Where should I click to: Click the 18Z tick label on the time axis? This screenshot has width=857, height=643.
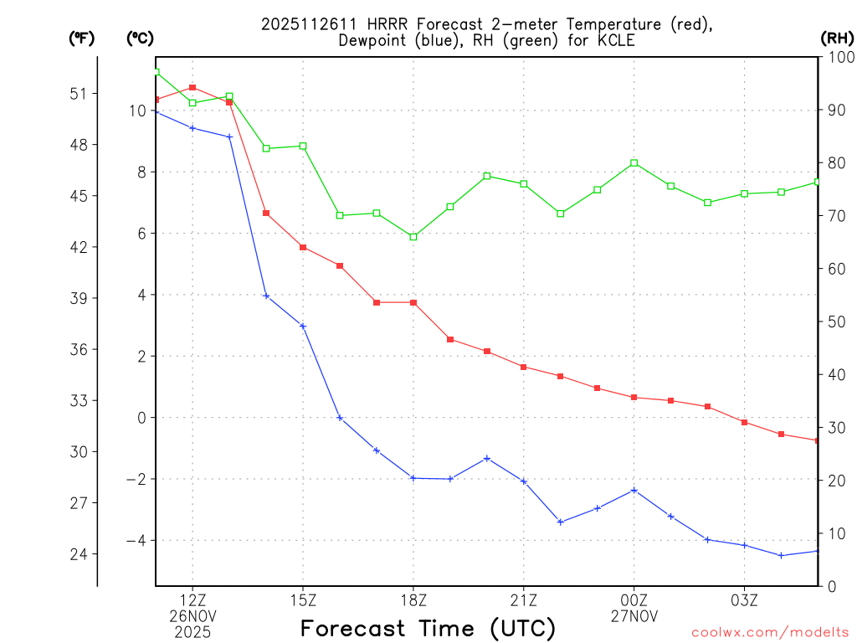pos(413,599)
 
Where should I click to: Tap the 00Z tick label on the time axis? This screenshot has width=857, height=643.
pos(634,599)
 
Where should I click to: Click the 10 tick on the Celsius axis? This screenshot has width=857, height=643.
pos(136,111)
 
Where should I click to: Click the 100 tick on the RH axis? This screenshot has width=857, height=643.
pos(838,57)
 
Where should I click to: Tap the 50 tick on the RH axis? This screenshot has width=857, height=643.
pos(834,322)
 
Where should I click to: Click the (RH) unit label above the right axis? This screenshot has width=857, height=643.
pos(837,38)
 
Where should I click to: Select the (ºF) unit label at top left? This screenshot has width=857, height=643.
pos(82,38)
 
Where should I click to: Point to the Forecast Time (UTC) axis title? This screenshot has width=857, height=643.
pos(428,628)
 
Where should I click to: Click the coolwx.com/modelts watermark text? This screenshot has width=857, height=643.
pos(770,631)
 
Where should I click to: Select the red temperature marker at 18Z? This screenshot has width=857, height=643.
pos(413,302)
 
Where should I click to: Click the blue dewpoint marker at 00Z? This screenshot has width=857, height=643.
pos(634,490)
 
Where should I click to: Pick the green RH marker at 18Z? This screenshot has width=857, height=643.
pos(413,237)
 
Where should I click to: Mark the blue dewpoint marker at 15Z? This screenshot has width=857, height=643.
pos(303,326)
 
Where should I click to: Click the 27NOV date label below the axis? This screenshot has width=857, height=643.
pos(634,615)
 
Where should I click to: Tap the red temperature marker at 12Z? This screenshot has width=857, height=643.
pos(192,87)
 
